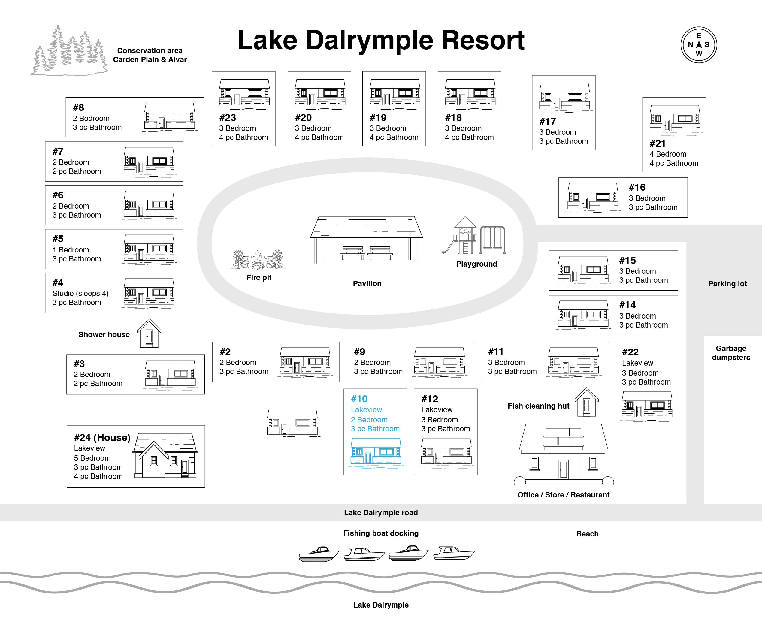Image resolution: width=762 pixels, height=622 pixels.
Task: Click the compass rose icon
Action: [x=699, y=45]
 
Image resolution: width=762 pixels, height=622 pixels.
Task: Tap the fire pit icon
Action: [x=258, y=259]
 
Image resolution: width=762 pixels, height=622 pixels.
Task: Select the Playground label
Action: [x=476, y=264]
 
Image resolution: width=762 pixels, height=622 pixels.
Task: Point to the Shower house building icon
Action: [x=149, y=333]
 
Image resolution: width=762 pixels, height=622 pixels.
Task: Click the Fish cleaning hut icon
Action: [x=586, y=402]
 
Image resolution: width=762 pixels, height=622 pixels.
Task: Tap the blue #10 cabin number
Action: [x=359, y=399]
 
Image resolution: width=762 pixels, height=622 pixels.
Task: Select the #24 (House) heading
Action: [x=102, y=437]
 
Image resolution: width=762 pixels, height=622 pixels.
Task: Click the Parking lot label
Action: [x=727, y=284]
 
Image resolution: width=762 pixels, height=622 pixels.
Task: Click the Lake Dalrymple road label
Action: [x=381, y=512]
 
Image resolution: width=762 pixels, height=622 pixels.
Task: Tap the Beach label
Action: [x=587, y=533]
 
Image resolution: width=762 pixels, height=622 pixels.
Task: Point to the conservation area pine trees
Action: [x=69, y=50]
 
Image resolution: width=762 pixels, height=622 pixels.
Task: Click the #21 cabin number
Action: [x=658, y=143]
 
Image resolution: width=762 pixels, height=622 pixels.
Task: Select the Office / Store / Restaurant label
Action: [x=563, y=495]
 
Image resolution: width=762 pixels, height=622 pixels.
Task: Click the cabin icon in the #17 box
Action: [x=564, y=97]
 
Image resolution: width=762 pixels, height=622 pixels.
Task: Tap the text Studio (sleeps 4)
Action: [x=80, y=294]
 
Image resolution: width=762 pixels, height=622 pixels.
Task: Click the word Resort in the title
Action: [x=483, y=40]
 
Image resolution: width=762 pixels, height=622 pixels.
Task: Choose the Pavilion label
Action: [x=367, y=283]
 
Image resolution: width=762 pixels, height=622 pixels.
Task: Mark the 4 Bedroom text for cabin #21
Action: [x=668, y=154]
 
